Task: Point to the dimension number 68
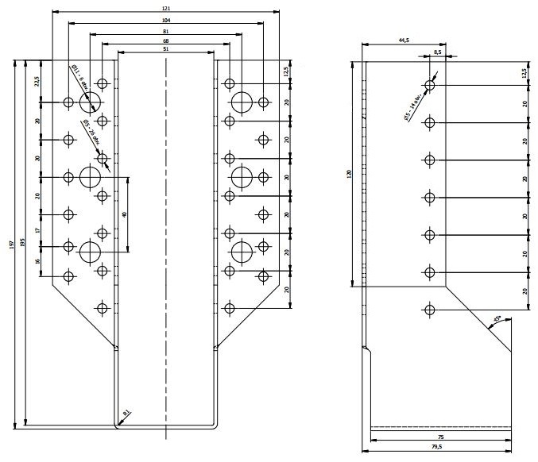166,40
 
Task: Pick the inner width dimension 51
166,50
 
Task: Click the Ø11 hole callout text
80,80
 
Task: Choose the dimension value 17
37,229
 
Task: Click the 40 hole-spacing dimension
125,215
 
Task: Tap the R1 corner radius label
126,413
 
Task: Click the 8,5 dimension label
437,52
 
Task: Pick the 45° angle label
499,320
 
